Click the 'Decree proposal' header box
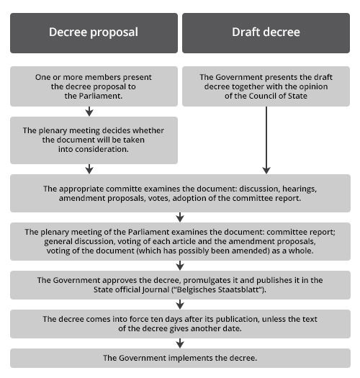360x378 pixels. (x=94, y=33)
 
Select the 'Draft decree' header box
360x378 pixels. (x=266, y=33)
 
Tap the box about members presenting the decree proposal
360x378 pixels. (x=94, y=86)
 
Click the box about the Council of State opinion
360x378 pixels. (x=266, y=86)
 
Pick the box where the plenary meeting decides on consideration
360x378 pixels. (x=94, y=140)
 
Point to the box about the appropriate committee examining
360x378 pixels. (x=180, y=194)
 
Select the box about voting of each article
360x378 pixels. (x=180, y=241)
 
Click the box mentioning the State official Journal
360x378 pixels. (x=180, y=285)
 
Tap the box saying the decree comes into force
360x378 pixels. (x=180, y=324)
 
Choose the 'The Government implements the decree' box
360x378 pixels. (x=180, y=358)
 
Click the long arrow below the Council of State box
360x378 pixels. (x=266, y=140)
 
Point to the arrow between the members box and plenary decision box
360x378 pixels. (x=89, y=112)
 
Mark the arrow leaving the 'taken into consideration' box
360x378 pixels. (x=89, y=169)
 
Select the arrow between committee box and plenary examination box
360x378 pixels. (x=180, y=217)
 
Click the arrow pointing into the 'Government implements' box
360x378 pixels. (x=180, y=343)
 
